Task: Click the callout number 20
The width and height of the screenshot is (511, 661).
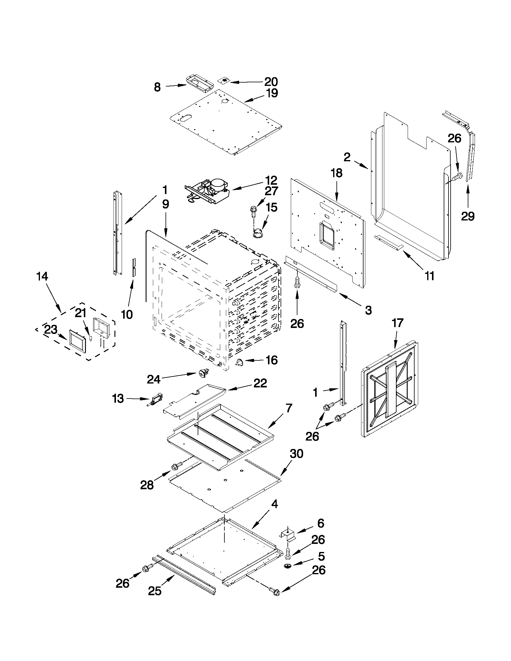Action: click(x=271, y=82)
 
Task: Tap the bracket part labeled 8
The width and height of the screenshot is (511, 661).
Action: click(x=198, y=83)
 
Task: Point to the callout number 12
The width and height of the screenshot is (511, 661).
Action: click(x=271, y=180)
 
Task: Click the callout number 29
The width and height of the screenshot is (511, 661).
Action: click(x=468, y=216)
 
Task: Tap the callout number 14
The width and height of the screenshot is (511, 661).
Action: click(x=42, y=276)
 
